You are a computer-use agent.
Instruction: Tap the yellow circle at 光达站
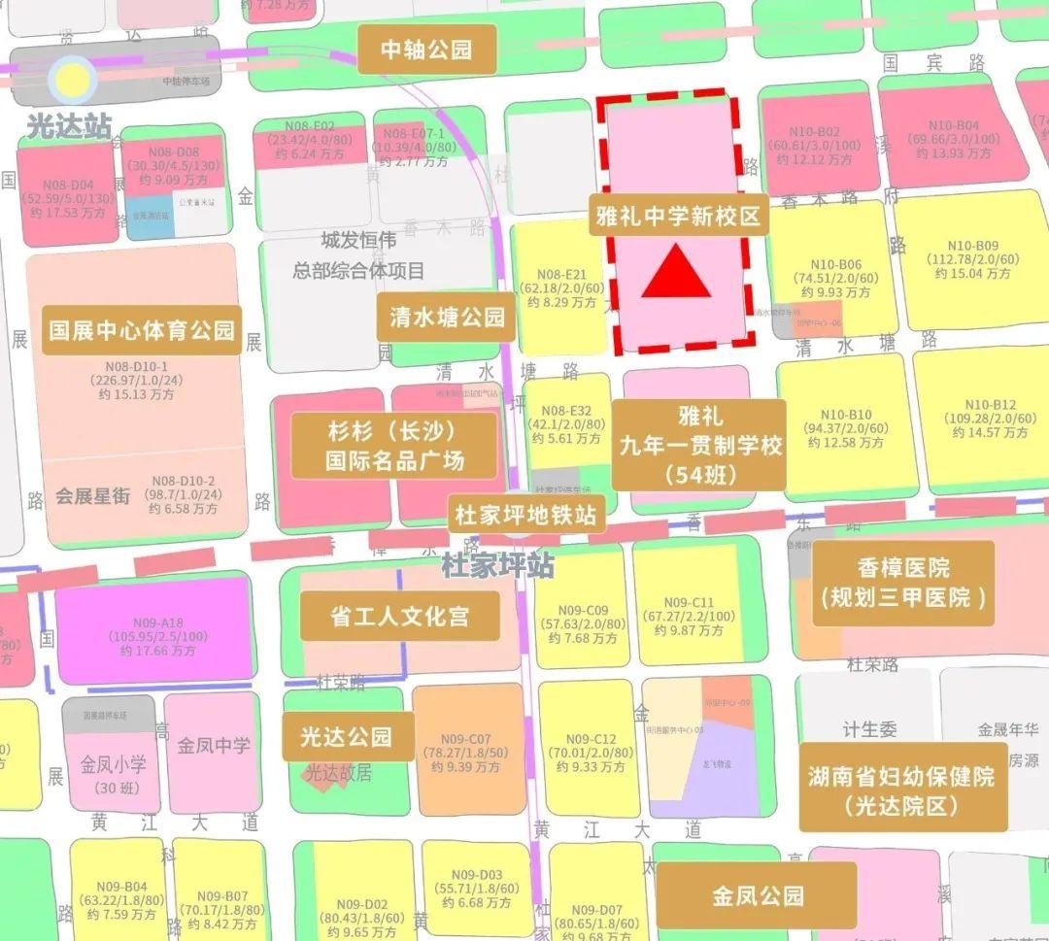tap(72, 80)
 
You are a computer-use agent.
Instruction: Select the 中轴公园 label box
tap(426, 49)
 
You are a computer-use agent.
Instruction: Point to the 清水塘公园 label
tap(447, 318)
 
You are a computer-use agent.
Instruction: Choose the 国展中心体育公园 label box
tap(143, 330)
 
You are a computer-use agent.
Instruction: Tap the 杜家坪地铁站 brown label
tap(525, 515)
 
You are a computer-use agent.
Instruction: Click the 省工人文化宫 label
tap(399, 616)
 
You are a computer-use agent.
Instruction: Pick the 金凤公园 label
tap(757, 895)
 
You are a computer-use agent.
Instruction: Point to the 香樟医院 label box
tap(902, 583)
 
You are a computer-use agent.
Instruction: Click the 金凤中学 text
tap(214, 746)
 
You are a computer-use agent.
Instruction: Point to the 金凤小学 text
tap(113, 763)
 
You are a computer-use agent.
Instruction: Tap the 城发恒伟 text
tap(359, 239)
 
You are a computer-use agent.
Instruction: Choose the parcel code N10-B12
tap(990, 405)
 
